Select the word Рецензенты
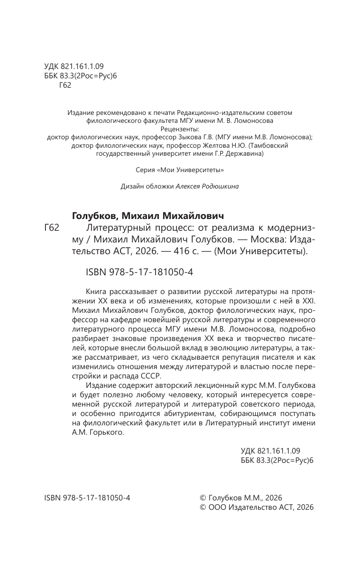coord(180,129)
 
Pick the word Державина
coord(244,154)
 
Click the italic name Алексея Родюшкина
coord(207,186)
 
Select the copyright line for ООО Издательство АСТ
coord(256,507)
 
